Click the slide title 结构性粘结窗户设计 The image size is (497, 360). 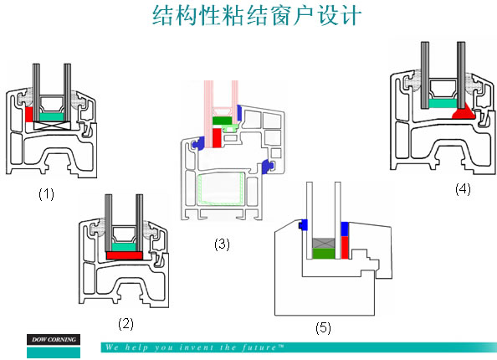click(257, 15)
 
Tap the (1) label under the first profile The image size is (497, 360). click(46, 193)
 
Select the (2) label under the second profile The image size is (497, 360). click(126, 324)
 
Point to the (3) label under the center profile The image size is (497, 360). click(222, 244)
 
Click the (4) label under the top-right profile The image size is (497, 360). click(463, 189)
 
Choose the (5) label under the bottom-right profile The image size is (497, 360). click(323, 327)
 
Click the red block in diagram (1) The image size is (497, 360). click(28, 115)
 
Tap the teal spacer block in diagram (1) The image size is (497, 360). click(52, 117)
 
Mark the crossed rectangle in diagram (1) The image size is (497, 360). click(52, 126)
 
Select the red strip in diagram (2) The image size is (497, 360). click(124, 255)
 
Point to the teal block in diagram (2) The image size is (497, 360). click(124, 247)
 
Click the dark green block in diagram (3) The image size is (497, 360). click(222, 121)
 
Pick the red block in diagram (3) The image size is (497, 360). click(217, 137)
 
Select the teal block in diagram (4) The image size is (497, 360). click(443, 104)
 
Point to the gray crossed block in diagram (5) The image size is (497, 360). click(324, 244)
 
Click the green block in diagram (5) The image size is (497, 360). click(324, 254)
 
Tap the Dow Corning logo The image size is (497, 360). click(54, 346)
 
